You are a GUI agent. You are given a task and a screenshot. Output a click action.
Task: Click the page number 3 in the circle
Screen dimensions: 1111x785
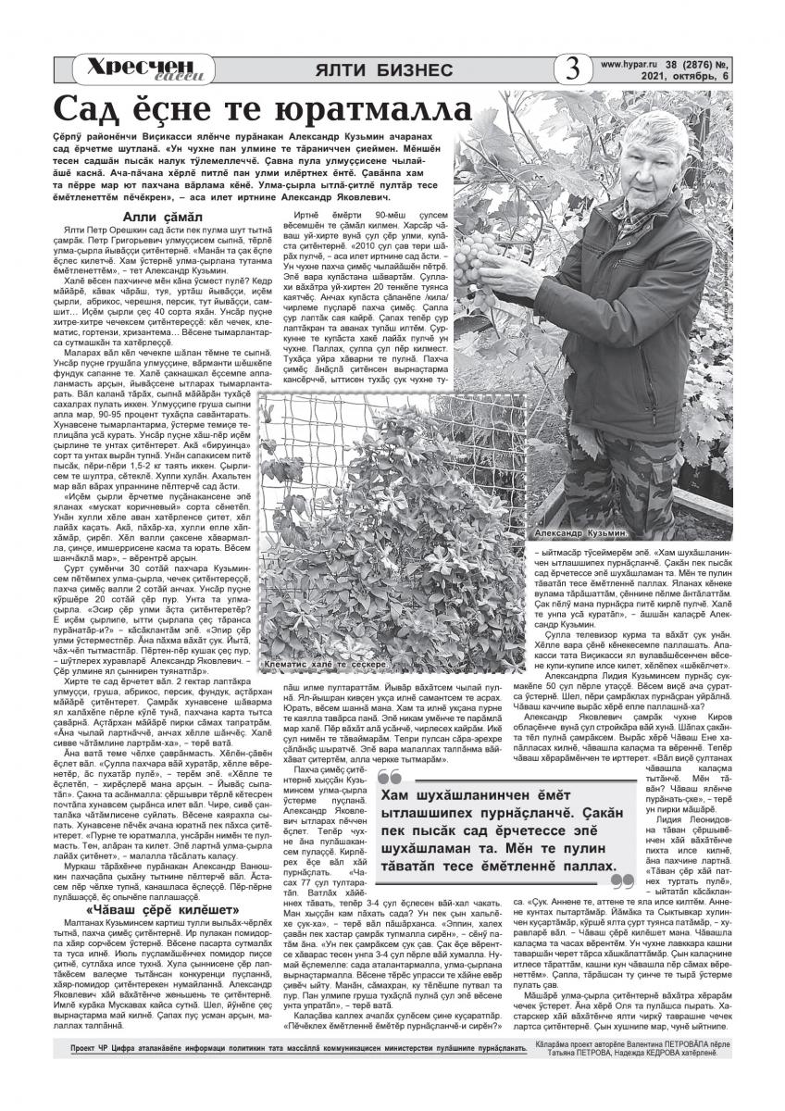tap(572, 70)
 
